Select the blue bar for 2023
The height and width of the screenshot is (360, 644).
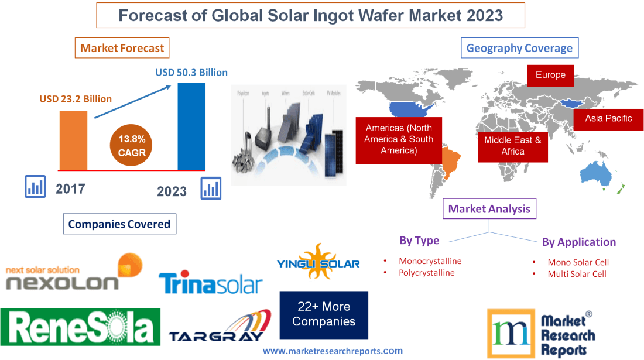click(191, 126)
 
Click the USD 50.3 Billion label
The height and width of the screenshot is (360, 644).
click(191, 73)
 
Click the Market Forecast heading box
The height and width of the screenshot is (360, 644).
click(122, 48)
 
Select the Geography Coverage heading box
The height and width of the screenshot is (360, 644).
click(519, 48)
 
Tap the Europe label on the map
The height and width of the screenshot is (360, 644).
click(550, 75)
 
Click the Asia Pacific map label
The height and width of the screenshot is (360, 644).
click(608, 118)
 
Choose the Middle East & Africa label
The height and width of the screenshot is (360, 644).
click(512, 146)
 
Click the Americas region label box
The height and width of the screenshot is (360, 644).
click(399, 139)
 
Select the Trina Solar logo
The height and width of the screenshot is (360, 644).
click(210, 284)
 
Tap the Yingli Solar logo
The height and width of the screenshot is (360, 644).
click(318, 263)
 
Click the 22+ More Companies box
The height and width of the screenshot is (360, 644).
click(324, 314)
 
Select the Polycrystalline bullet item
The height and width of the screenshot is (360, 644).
click(426, 273)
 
